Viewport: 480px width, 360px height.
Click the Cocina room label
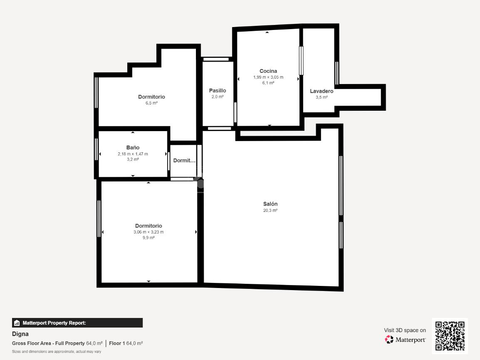tap(268, 71)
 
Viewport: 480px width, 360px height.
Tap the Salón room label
tap(270, 204)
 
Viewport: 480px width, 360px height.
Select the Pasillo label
tap(218, 91)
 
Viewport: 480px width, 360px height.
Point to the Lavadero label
tap(322, 91)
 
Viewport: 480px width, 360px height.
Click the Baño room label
tap(133, 148)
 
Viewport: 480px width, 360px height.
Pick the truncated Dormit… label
tap(184, 161)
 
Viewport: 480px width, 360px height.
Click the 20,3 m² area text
tap(270, 211)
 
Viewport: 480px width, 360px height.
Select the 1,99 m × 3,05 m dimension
tap(268, 77)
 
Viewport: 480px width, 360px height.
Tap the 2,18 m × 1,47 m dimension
tap(133, 154)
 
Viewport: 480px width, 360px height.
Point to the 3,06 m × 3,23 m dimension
tap(148, 232)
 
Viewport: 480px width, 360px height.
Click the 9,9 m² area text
tap(148, 238)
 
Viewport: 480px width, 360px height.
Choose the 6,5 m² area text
tap(151, 103)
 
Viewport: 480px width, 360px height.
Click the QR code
tap(450, 336)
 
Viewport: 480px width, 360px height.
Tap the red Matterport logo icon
tap(389, 340)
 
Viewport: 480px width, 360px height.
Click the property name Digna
tap(20, 334)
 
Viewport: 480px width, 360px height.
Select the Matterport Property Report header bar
tap(77, 323)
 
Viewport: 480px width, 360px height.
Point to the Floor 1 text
tap(117, 343)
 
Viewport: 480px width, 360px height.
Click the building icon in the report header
tap(17, 323)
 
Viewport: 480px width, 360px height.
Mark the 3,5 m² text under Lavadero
tap(322, 97)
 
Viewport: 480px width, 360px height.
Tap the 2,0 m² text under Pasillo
tap(218, 97)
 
